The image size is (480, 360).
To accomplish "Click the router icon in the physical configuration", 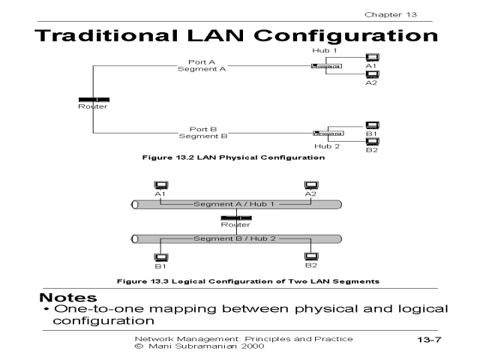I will [94, 99].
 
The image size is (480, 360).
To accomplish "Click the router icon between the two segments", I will [235, 217].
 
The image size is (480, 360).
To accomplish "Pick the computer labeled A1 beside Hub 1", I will [370, 57].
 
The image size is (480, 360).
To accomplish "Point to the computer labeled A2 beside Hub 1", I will [370, 74].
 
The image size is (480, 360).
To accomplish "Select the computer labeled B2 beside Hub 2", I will [370, 140].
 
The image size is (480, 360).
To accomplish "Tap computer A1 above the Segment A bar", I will [160, 185].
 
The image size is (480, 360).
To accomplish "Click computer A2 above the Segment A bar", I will [310, 185].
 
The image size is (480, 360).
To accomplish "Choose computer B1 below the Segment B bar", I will [160, 257].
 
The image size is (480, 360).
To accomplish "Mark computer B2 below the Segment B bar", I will [310, 256].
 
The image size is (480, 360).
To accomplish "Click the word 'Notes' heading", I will [68, 298].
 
